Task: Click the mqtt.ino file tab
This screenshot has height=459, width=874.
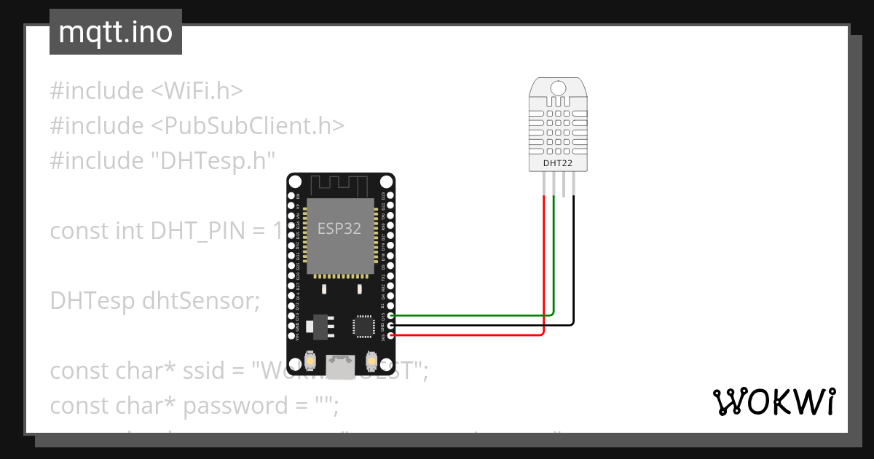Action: coord(115,32)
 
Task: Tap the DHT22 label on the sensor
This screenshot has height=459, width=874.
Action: coord(558,163)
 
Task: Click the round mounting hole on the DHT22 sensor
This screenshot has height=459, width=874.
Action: coord(558,88)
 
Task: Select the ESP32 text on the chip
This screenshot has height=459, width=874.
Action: coord(339,228)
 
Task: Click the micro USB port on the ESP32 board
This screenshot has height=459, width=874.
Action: coord(340,366)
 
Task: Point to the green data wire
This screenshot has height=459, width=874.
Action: coord(473,315)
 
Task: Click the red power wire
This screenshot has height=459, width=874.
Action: coord(473,335)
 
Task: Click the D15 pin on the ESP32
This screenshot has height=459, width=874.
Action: coord(392,315)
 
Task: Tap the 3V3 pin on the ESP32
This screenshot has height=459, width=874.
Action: coord(392,336)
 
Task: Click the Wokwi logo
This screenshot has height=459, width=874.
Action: coord(773,401)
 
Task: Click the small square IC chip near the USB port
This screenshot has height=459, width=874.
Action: coord(363,326)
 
